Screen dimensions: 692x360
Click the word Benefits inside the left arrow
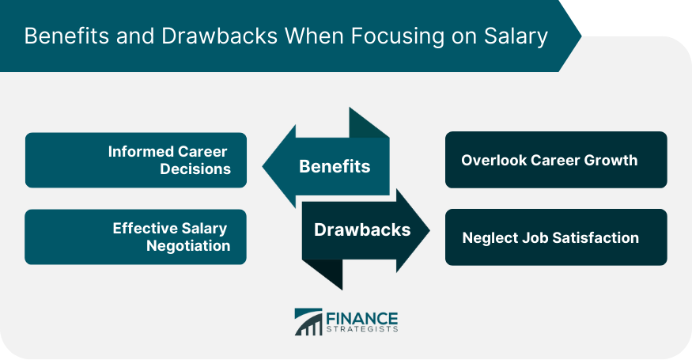tap(335, 166)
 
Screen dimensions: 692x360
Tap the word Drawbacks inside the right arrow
tap(362, 229)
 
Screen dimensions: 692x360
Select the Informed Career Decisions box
tap(136, 161)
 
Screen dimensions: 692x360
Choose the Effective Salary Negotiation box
tap(135, 237)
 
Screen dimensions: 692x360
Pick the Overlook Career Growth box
tap(556, 160)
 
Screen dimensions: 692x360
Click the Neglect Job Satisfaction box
tap(556, 237)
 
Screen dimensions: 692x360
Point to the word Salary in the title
tap(516, 36)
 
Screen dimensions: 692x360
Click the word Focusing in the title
tap(397, 36)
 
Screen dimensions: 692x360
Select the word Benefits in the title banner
tap(66, 36)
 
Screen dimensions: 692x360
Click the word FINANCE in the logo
tap(362, 319)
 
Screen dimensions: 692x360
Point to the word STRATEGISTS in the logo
tap(362, 329)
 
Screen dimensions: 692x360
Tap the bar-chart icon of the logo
tap(308, 321)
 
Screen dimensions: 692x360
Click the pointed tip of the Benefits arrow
tap(263, 166)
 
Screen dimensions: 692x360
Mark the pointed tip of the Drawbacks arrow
tap(429, 230)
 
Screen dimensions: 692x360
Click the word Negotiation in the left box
tap(188, 245)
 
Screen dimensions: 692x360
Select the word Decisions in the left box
tap(195, 169)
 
